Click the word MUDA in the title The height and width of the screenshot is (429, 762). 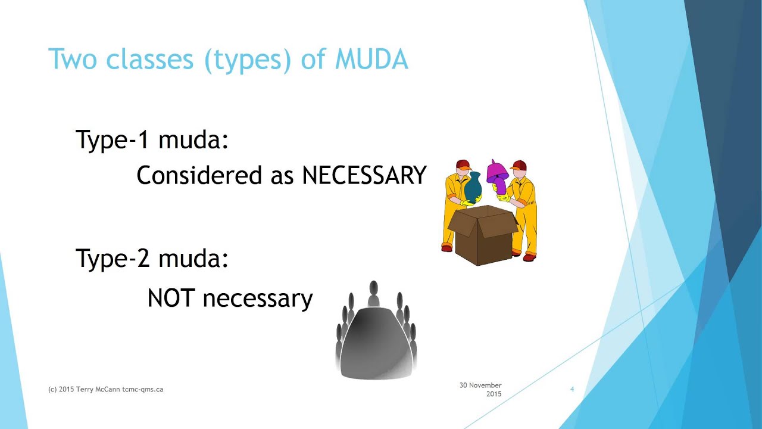[371, 60]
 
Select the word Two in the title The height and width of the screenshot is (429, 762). [69, 60]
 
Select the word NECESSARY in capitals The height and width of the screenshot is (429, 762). [364, 175]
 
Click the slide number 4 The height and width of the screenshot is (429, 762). [572, 389]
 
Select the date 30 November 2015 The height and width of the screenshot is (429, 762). [480, 390]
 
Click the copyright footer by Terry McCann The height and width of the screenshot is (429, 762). [105, 389]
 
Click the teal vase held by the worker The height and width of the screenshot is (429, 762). [473, 187]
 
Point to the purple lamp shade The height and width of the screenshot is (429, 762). [496, 173]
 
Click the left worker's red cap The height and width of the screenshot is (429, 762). [463, 165]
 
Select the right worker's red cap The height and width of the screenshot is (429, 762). [519, 165]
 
